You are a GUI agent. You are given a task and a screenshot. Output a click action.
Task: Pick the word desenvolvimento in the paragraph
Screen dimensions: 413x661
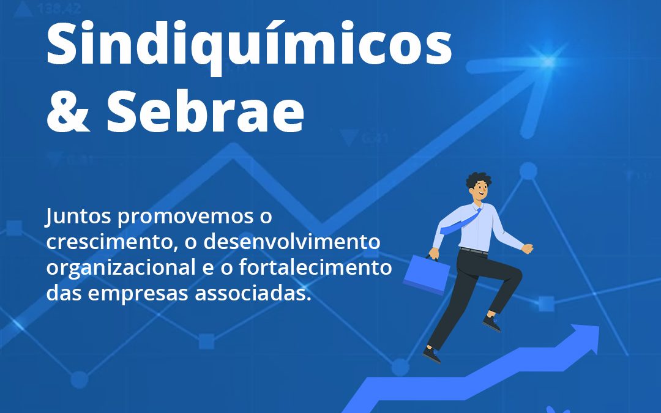tap(291, 242)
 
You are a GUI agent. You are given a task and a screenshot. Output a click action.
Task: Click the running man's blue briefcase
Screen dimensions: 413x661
tap(427, 274)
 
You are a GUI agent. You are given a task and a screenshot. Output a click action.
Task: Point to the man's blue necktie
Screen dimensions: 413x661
tap(461, 221)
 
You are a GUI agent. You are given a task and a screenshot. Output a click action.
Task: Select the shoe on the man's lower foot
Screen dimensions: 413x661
tap(432, 354)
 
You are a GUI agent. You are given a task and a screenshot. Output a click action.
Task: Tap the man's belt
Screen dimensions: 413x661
tap(474, 250)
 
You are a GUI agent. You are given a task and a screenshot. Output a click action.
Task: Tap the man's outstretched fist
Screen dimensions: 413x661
tap(527, 248)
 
